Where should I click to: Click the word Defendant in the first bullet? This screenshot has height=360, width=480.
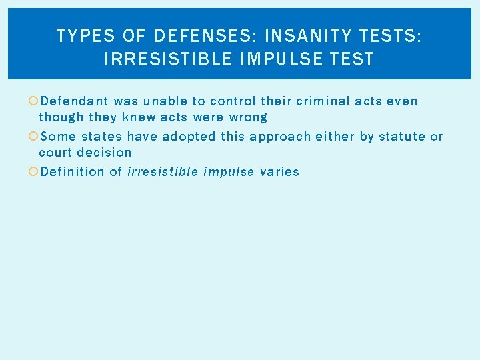[74, 101]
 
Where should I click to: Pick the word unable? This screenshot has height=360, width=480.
[165, 101]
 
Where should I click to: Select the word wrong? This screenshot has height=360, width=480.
[248, 117]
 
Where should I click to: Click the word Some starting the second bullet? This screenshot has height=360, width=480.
[58, 136]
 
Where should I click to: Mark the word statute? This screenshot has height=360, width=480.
[402, 136]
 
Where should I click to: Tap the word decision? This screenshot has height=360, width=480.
[104, 152]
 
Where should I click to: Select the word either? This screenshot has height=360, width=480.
[337, 136]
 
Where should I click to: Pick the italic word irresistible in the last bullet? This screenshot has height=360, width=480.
[163, 171]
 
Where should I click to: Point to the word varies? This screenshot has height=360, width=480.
[279, 171]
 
